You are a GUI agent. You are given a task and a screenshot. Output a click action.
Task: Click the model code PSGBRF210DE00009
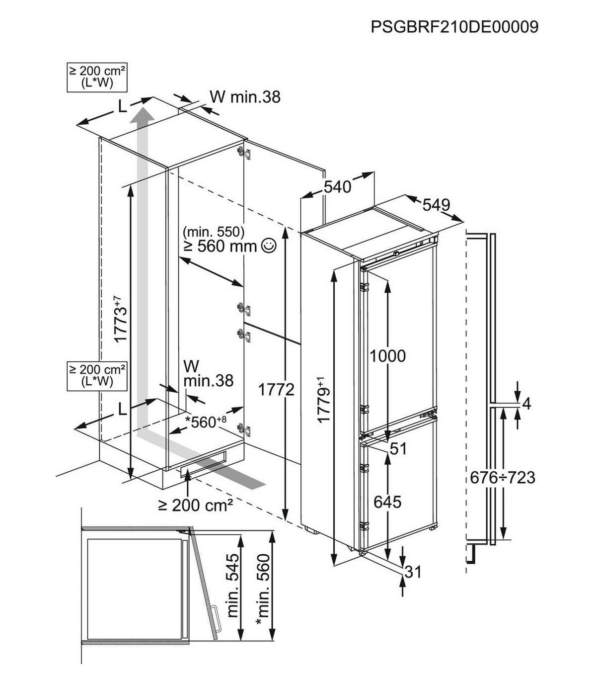click(454, 26)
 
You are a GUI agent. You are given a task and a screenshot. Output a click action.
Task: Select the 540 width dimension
click(337, 187)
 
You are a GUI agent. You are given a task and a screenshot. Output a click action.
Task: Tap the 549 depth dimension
click(436, 205)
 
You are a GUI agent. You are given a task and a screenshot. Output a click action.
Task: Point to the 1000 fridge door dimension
click(387, 356)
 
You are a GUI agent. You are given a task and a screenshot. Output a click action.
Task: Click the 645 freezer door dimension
click(387, 502)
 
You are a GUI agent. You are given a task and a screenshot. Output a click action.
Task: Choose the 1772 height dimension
click(276, 390)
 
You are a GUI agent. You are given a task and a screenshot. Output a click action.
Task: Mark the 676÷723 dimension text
click(503, 478)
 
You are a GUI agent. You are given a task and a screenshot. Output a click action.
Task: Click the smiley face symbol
click(269, 245)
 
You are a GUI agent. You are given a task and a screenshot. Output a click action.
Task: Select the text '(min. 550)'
click(214, 231)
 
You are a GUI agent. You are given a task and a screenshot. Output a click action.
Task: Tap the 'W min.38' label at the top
click(245, 96)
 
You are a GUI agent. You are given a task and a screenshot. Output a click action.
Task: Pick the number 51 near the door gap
click(398, 448)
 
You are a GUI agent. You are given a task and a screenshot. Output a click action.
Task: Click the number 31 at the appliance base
click(413, 572)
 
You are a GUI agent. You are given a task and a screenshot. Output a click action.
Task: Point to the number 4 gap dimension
click(527, 404)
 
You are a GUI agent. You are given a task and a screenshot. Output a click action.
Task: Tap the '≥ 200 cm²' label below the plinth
click(196, 506)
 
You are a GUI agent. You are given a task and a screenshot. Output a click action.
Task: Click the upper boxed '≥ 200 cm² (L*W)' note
click(97, 77)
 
